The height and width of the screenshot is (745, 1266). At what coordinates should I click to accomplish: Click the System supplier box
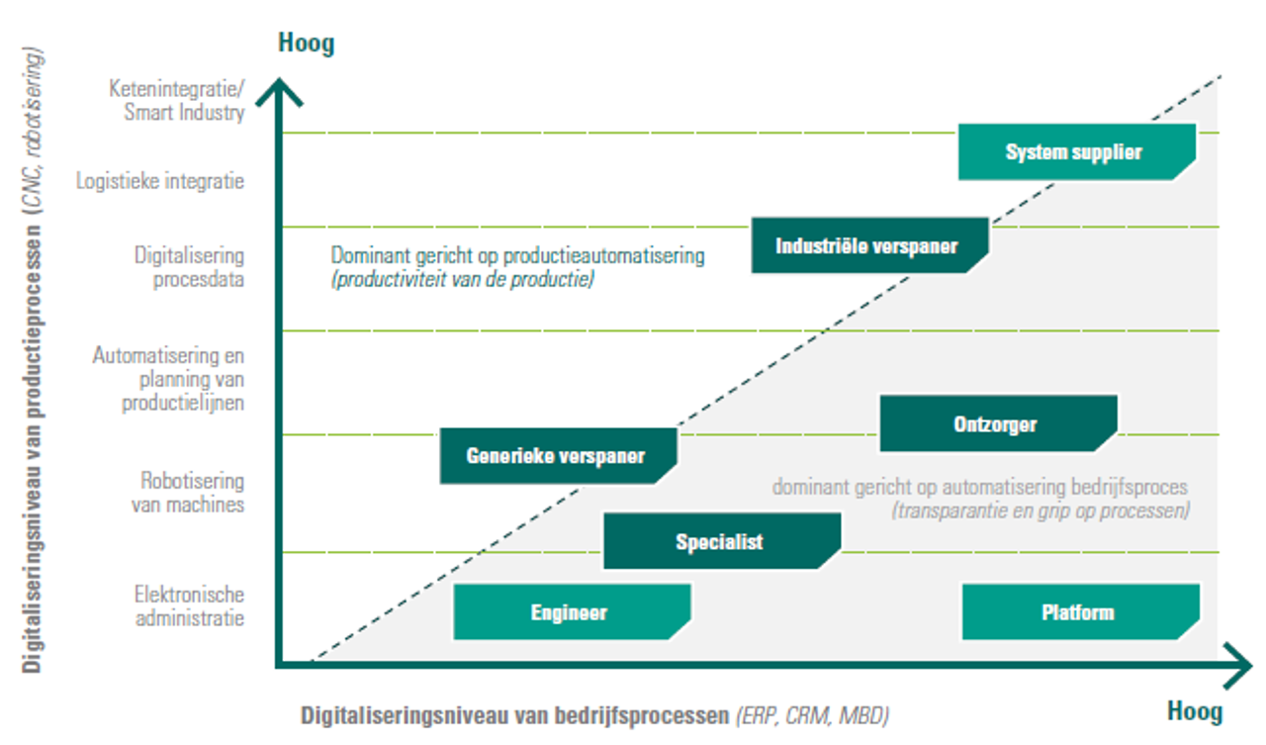click(x=1077, y=152)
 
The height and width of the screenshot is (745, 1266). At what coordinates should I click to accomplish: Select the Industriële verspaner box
click(x=869, y=245)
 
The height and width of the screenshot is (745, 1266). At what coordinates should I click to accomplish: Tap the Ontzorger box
click(x=998, y=423)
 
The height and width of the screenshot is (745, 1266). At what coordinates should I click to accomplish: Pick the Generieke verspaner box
click(x=559, y=455)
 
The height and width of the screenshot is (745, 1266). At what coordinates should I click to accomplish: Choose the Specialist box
click(x=722, y=541)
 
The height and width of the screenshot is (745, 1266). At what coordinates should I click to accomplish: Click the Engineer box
click(x=572, y=612)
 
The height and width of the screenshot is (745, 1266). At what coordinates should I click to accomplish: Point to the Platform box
click(x=1081, y=612)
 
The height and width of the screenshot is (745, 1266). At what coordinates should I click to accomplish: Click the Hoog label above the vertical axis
click(x=307, y=43)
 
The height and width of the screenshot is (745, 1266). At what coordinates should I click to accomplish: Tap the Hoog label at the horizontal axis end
click(x=1195, y=711)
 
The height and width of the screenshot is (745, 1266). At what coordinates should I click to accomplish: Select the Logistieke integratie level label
click(x=160, y=181)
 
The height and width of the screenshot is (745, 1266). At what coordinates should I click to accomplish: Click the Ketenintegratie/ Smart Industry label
click(x=176, y=100)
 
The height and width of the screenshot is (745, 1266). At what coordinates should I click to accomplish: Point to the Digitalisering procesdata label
click(x=189, y=267)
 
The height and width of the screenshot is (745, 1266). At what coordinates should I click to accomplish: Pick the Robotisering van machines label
click(x=188, y=493)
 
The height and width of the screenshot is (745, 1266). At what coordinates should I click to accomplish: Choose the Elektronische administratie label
click(x=189, y=605)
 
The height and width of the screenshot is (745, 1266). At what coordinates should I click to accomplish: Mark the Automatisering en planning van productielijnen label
click(x=168, y=379)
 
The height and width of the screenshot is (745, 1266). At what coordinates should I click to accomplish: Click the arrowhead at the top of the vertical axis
click(x=279, y=92)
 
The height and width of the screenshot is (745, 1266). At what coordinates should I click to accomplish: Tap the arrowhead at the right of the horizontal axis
click(x=1237, y=666)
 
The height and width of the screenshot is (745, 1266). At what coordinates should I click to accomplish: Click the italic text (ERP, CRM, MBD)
click(x=812, y=715)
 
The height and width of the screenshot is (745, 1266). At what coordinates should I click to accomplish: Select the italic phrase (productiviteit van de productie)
click(x=463, y=279)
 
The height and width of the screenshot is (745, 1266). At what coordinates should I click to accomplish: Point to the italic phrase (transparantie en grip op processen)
click(x=1040, y=511)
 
